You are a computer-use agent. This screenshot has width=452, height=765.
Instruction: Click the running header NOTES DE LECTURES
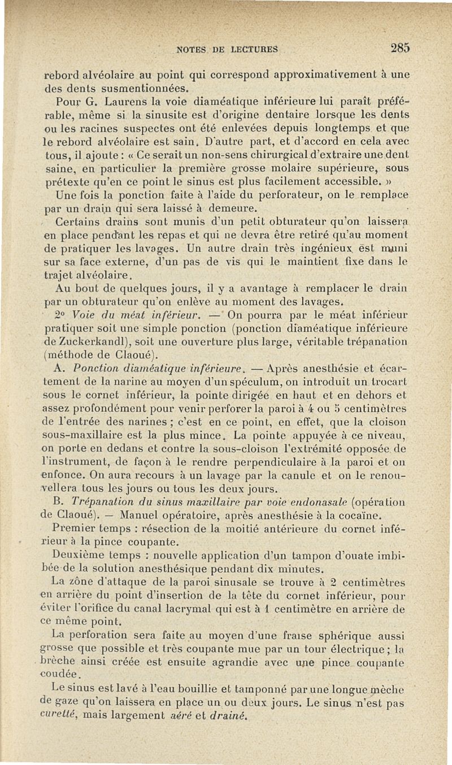227,49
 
